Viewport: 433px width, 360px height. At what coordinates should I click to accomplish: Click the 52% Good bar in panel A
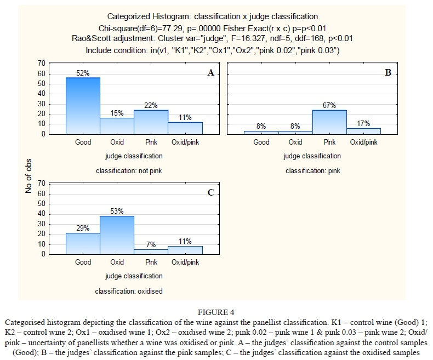point(83,106)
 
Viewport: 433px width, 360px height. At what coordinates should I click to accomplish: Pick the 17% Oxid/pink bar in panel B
point(363,131)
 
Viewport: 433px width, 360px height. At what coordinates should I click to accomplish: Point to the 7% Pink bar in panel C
point(151,252)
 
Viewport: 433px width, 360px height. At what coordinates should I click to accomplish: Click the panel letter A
point(210,73)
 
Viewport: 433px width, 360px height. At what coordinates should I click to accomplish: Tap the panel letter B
point(388,73)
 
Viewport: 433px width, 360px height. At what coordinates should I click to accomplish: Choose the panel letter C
point(210,192)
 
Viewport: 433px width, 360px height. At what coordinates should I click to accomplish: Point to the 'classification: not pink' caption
point(129,170)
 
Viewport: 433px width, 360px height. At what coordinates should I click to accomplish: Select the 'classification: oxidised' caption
point(129,291)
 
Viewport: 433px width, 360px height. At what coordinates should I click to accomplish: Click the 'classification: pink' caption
point(313,170)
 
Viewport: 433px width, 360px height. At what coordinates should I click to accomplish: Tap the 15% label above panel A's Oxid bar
point(117,113)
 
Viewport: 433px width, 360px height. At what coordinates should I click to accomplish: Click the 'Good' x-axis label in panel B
point(261,142)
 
